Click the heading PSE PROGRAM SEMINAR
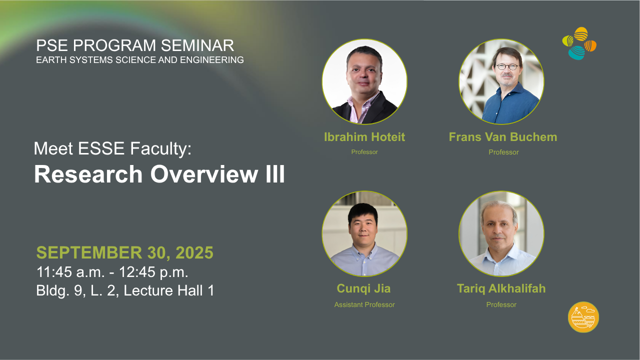[135, 45]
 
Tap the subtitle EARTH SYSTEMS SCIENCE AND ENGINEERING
[140, 60]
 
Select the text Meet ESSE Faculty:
[112, 149]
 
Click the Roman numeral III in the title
[275, 174]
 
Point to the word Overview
[204, 174]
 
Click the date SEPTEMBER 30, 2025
[125, 252]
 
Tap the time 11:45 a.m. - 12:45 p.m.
[112, 271]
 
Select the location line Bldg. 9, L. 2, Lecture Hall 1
[125, 290]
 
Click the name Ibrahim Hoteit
[364, 137]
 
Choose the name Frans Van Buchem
[503, 137]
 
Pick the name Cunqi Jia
[363, 288]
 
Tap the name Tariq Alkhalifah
[501, 288]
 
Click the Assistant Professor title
[364, 304]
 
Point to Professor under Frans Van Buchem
[503, 152]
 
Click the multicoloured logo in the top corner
[579, 43]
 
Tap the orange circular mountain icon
[583, 317]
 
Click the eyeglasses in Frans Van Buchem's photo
[507, 67]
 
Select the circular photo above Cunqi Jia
[364, 233]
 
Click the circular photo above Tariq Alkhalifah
[501, 233]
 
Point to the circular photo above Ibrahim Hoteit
[364, 81]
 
